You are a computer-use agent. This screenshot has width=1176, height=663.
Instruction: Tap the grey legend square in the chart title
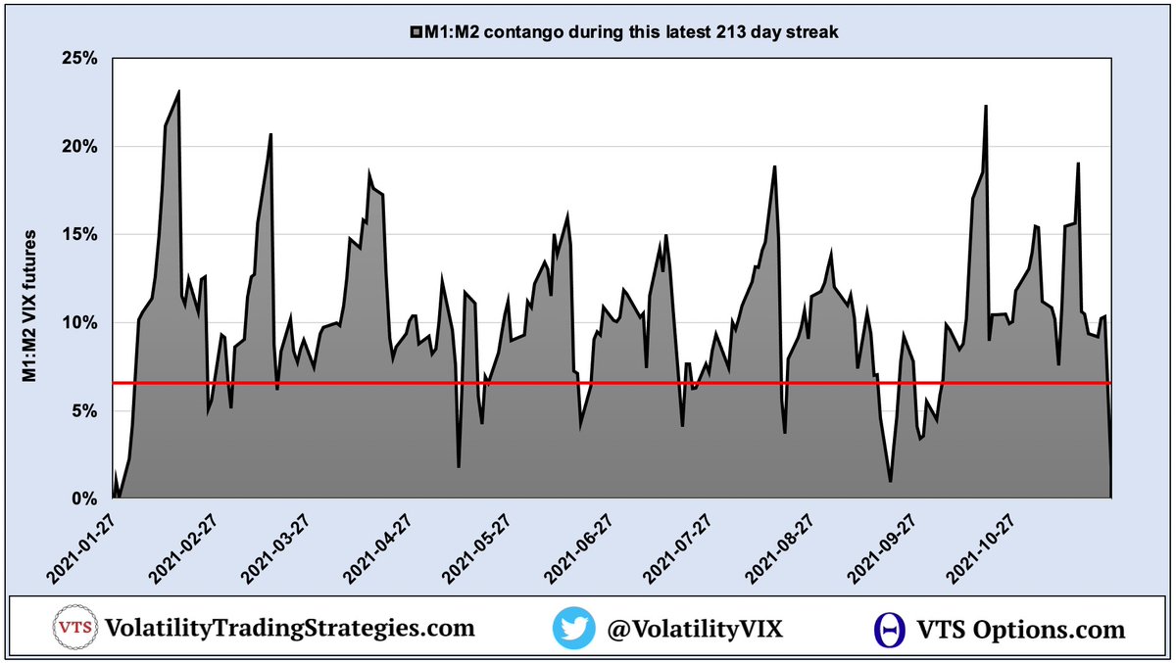tap(416, 33)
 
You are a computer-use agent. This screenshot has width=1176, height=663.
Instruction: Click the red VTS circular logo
tap(72, 629)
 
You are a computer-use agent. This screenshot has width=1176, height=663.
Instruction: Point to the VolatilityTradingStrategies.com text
tap(289, 629)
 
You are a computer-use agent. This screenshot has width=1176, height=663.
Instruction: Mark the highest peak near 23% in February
tap(178, 91)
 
